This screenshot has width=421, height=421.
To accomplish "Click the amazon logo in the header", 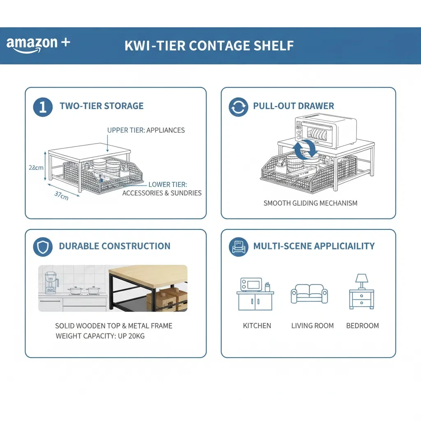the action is (x=38, y=45).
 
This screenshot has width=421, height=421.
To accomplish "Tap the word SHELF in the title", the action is (x=273, y=45).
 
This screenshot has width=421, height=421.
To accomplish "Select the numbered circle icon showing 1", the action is (x=43, y=107).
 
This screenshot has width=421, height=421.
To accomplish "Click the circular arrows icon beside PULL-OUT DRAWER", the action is (x=238, y=107).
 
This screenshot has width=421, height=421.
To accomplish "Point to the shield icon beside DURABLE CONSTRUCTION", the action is (x=43, y=247).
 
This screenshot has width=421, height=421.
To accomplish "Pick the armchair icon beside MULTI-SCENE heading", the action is (x=238, y=247).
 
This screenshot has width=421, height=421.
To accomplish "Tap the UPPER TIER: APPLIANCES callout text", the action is (x=146, y=130).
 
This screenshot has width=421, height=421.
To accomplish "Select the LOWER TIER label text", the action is (x=168, y=185).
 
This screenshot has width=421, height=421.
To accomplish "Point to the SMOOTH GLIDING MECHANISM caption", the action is (x=310, y=203).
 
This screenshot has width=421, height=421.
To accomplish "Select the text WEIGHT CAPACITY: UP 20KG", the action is (x=100, y=336).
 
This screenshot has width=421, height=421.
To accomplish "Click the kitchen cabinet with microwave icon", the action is (x=255, y=294).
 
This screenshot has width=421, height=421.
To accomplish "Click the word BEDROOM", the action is (x=362, y=326).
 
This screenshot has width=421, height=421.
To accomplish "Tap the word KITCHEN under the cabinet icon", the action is (x=257, y=326).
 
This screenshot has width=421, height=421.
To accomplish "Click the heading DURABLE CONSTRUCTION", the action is (x=114, y=246).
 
